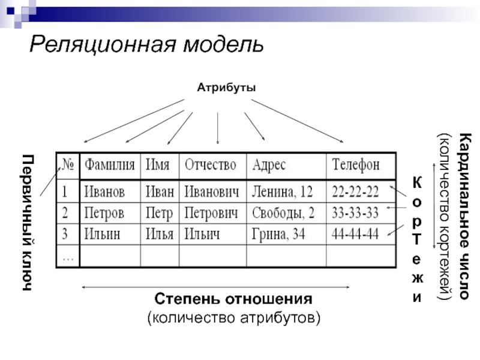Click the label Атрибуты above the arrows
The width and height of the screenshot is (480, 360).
point(226,88)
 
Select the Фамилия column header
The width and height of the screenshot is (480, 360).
point(109,164)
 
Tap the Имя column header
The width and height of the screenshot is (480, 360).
point(158,164)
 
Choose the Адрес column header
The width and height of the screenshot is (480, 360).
point(269,164)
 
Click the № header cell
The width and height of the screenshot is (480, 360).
point(67,164)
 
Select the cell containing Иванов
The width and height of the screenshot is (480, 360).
point(104,192)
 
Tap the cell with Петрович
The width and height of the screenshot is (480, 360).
point(211,213)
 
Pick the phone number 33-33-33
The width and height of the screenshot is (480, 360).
point(355,213)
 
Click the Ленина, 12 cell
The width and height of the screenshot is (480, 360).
point(282,192)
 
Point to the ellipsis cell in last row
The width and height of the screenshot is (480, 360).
point(68,256)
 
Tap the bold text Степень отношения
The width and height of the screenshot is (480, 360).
point(233,299)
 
